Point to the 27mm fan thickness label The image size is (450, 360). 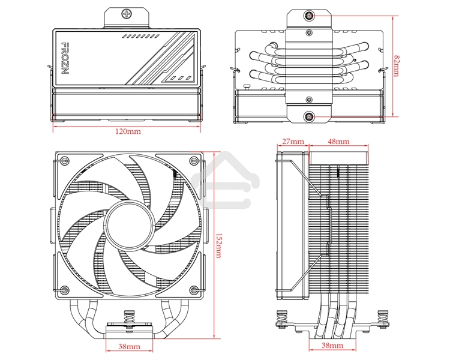293,142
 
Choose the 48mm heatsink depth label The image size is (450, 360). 338,142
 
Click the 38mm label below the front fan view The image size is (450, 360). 128,347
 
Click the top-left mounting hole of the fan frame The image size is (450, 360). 63,160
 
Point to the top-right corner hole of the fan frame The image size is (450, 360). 193,160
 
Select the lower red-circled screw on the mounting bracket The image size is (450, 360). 308,116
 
